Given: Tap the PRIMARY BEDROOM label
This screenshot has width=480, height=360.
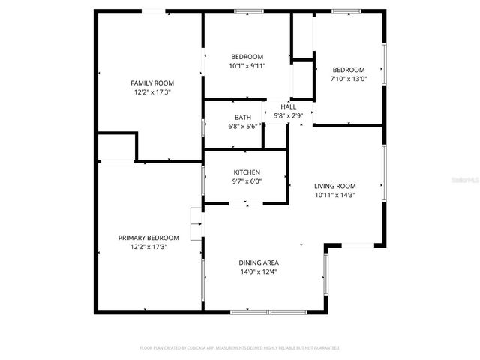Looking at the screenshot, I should pyautogui.click(x=148, y=238).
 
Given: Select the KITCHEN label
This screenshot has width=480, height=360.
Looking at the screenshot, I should pyautogui.click(x=247, y=172).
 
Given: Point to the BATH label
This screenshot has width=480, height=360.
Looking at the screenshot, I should pyautogui.click(x=243, y=117).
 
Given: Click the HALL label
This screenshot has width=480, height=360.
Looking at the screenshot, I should pyautogui.click(x=288, y=107).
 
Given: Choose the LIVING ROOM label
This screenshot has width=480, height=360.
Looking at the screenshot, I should pyautogui.click(x=334, y=186).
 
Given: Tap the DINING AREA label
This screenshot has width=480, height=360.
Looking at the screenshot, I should pyautogui.click(x=259, y=262).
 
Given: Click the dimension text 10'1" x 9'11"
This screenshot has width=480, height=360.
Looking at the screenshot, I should pyautogui.click(x=247, y=66).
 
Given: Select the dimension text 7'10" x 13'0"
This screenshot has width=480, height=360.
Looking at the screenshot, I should pyautogui.click(x=349, y=79).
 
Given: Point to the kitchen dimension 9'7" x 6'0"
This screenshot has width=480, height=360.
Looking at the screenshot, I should pyautogui.click(x=247, y=181).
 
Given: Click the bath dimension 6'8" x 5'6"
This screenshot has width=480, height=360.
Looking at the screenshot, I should pyautogui.click(x=243, y=126).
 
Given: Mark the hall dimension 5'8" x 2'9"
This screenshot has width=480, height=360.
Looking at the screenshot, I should pyautogui.click(x=288, y=116).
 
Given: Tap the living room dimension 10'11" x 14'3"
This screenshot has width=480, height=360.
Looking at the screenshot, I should pyautogui.click(x=334, y=195).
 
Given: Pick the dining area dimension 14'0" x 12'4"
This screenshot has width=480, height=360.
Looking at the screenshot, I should pyautogui.click(x=259, y=271).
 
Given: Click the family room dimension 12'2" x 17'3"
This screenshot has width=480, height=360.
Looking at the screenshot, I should pyautogui.click(x=152, y=91).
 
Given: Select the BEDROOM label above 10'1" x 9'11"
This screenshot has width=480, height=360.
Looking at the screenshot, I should pyautogui.click(x=247, y=57).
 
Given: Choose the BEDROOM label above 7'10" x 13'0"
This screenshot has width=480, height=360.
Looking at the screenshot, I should pyautogui.click(x=349, y=70).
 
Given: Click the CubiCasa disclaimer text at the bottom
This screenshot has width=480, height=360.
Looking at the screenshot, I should pyautogui.click(x=240, y=348).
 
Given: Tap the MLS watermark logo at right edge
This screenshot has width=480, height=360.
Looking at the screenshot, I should pyautogui.click(x=468, y=180).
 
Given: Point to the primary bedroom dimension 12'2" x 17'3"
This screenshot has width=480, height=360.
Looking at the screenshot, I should pyautogui.click(x=148, y=247).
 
